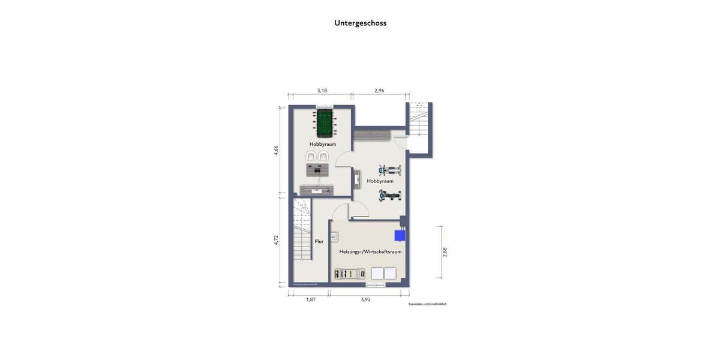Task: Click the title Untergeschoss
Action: point(360,23)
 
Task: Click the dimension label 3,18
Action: point(322,91)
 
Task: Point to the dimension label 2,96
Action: point(379,91)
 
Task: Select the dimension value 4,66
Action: point(276,151)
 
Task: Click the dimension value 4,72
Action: point(276,240)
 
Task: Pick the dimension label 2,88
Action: point(445,252)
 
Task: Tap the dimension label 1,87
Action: point(311,299)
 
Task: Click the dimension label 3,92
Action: point(365,299)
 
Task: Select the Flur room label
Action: point(319,242)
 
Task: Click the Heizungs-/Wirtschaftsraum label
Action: point(370,252)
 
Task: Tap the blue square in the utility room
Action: point(400,236)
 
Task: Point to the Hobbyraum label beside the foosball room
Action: point(322,145)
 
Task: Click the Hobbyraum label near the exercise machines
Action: point(380,181)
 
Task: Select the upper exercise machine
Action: point(389,169)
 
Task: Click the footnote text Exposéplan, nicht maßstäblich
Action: point(427,304)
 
